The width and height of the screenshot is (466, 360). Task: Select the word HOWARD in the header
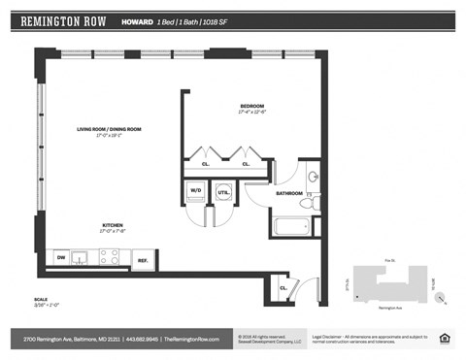135,20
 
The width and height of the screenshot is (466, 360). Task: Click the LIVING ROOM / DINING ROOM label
110,129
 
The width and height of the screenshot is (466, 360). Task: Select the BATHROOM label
289,193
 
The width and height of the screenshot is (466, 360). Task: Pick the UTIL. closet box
224,192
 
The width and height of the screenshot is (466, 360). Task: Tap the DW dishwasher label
61,257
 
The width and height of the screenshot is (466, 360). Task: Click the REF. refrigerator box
142,259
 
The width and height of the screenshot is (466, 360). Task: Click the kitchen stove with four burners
109,257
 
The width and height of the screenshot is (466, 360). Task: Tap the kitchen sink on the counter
83,257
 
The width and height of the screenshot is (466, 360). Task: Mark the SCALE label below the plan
40,300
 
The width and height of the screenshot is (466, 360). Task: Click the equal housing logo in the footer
445,339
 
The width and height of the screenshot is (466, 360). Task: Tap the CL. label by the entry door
283,288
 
